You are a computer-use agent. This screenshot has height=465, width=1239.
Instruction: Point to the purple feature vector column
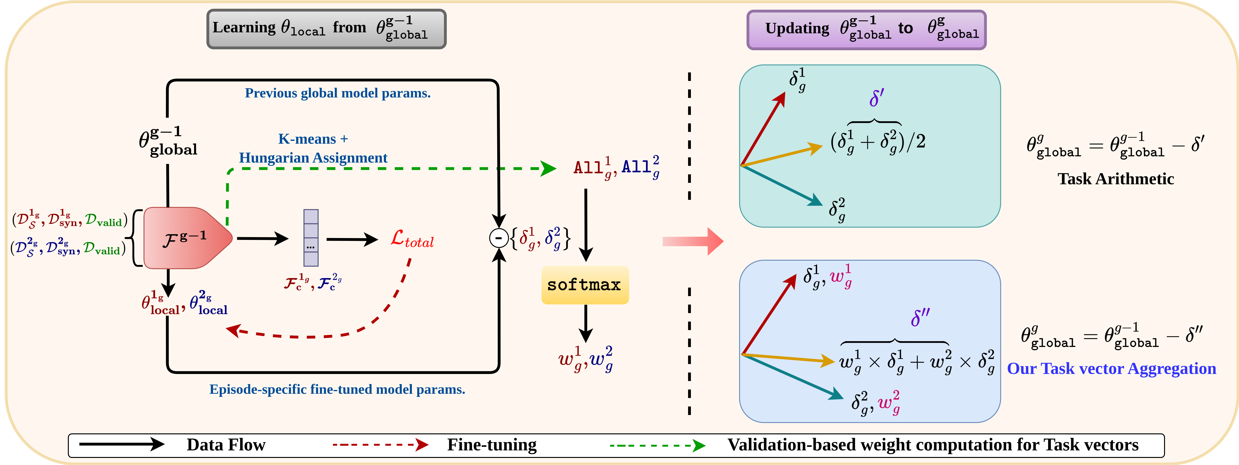pos(311,238)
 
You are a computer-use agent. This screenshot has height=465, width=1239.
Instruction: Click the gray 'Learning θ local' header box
pos(326,29)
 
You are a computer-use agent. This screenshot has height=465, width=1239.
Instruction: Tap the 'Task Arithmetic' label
pos(1115,179)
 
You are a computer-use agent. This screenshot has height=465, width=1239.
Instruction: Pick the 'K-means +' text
pos(313,139)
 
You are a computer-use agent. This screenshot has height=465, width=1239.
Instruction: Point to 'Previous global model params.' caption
pos(338,93)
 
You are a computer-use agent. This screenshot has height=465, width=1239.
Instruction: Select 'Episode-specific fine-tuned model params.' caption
pos(337,390)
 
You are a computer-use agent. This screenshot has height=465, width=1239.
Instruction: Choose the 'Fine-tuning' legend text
pos(492,445)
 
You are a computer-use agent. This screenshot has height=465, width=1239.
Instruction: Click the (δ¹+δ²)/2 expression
pos(878,142)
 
